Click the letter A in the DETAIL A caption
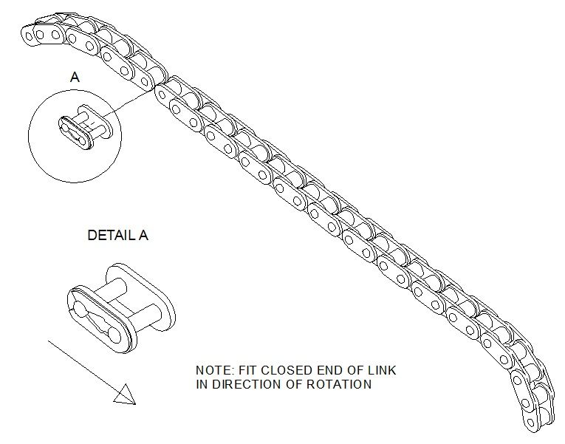point(144,236)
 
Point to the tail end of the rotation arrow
point(49,342)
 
